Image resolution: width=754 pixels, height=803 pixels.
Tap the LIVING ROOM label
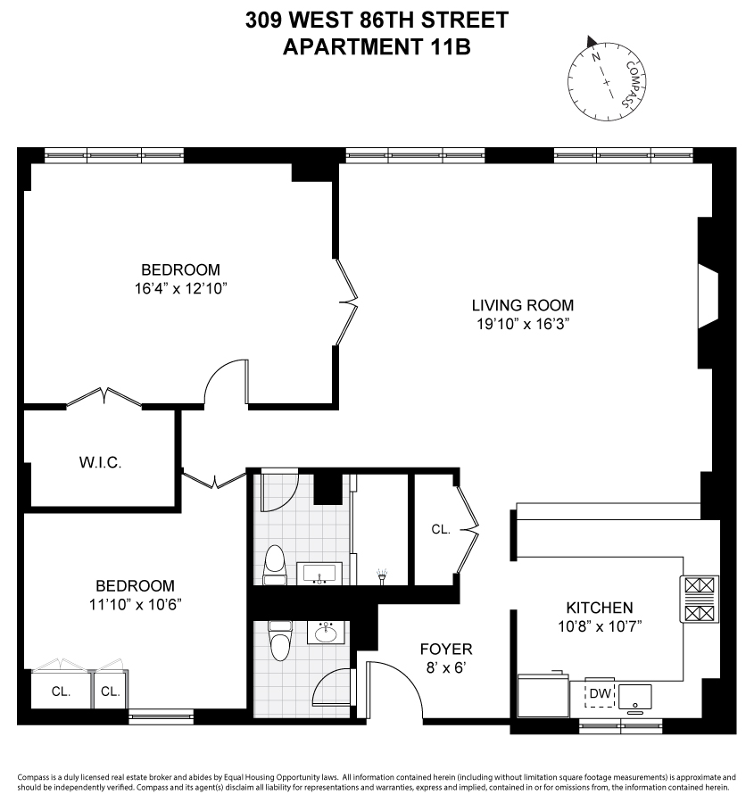coord(523,305)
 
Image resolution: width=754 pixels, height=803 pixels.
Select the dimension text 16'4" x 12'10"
coord(180,288)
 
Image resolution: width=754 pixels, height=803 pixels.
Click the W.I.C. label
coord(100,463)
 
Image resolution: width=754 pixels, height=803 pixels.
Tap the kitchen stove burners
coord(700,600)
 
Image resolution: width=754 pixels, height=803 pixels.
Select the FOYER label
coord(446,649)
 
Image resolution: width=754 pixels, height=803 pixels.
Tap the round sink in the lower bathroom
coord(325,633)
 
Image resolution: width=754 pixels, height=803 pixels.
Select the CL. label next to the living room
coord(441,529)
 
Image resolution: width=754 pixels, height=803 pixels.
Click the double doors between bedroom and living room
coord(346,303)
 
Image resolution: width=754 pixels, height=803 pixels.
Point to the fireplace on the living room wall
coord(708,301)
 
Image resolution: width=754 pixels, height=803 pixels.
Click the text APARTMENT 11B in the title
coord(376,46)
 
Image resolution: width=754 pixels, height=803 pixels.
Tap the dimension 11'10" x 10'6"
coord(135,604)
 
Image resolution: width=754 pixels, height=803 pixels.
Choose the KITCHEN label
coord(599,608)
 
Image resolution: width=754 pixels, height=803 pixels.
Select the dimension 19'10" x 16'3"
coord(523,324)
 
